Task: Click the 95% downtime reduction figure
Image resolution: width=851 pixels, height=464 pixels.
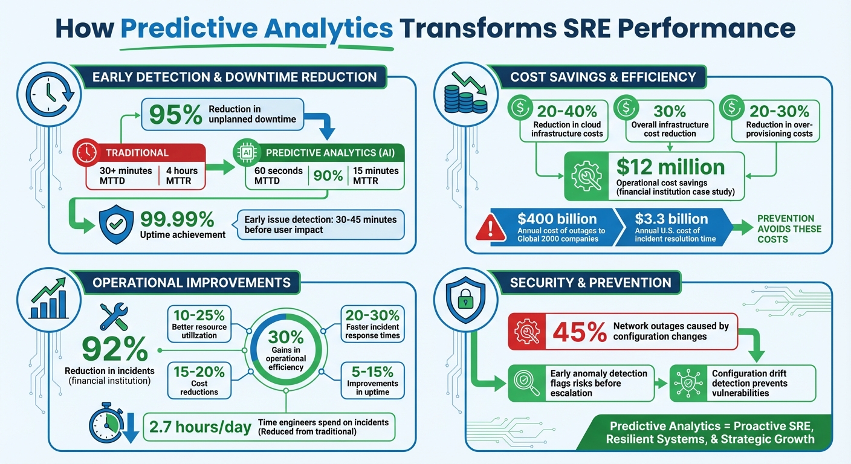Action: coord(175,115)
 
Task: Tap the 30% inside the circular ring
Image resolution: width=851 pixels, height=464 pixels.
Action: coord(285,335)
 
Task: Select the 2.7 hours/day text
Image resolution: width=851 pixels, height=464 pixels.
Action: coord(199,427)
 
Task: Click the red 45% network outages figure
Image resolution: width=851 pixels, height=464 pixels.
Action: coord(580,332)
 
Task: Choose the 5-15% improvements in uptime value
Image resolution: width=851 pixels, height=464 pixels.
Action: coord(372,371)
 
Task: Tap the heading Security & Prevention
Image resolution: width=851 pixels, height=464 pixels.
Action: coord(591,282)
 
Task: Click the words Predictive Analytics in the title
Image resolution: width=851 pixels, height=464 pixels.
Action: coord(257,28)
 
